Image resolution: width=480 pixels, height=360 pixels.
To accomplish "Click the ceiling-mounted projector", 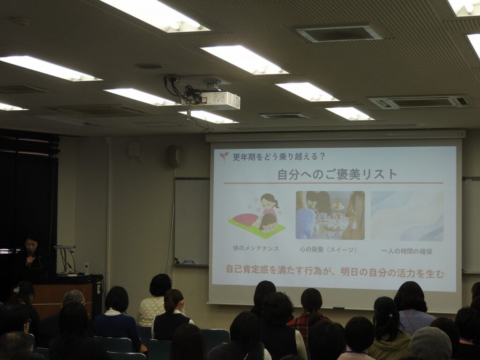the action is [x=211, y=100].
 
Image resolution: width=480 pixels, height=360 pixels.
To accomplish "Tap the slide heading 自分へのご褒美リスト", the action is [x=337, y=174].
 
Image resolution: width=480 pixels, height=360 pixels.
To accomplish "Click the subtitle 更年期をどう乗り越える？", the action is [x=279, y=157].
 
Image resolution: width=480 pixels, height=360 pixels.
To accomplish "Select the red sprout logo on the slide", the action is [x=224, y=156].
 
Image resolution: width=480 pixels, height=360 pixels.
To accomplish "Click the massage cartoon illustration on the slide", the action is [x=257, y=216].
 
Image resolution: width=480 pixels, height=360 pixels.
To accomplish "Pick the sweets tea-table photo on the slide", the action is [x=330, y=215].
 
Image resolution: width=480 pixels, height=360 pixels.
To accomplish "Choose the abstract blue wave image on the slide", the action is [x=407, y=216].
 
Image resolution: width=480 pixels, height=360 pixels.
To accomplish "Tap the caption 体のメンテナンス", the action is [x=256, y=248].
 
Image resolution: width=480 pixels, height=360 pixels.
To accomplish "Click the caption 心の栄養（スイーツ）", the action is [x=329, y=250].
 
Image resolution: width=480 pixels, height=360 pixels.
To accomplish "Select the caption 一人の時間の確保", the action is [x=407, y=252].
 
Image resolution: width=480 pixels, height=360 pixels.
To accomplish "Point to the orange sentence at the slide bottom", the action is [x=335, y=271].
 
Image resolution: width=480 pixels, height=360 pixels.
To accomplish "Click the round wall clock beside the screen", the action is [x=173, y=157].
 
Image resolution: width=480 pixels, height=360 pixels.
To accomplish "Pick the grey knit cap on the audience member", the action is [x=430, y=344].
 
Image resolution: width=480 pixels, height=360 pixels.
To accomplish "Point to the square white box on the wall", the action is [x=134, y=150].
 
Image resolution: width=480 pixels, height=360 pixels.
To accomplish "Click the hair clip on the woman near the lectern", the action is [x=16, y=290].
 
